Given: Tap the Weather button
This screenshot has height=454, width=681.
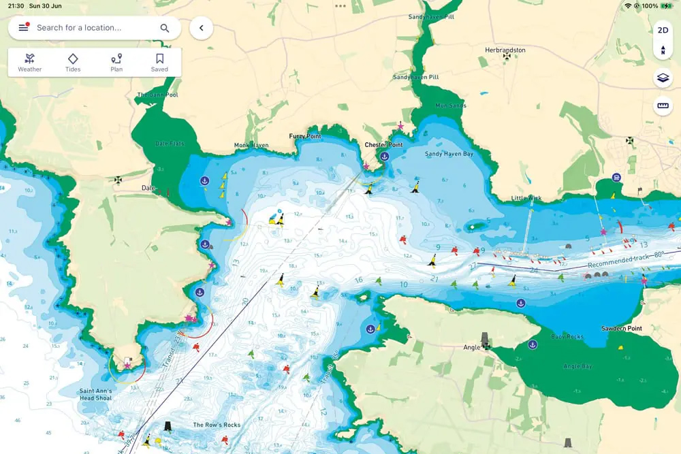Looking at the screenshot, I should pyautogui.click(x=29, y=62).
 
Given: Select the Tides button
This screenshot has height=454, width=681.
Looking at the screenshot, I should pyautogui.click(x=73, y=62).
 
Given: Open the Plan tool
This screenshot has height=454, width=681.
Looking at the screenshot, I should pyautogui.click(x=116, y=62).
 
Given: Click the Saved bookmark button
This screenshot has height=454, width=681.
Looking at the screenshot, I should pyautogui.click(x=159, y=62).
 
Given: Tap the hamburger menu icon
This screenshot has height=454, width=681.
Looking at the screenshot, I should pyautogui.click(x=24, y=28).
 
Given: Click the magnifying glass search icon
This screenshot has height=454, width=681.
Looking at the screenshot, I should pyautogui.click(x=165, y=28).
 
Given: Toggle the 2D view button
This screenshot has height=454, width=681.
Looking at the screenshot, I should pyautogui.click(x=663, y=31).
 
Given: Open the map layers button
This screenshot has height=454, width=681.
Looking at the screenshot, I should pyautogui.click(x=663, y=78).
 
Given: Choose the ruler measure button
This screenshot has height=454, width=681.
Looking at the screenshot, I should pyautogui.click(x=663, y=106).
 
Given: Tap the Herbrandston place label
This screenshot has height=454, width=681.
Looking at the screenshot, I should pyautogui.click(x=506, y=50).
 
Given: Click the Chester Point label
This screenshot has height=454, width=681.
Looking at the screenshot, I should pyautogui.click(x=383, y=145).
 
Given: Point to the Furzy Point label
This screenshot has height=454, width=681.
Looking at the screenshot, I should pyautogui.click(x=304, y=136).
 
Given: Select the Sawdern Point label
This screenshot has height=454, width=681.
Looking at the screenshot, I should pyautogui.click(x=621, y=329).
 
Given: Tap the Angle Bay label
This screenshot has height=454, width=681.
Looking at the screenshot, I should pyautogui.click(x=577, y=366).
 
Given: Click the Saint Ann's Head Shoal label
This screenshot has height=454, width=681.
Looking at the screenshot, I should pyautogui.click(x=95, y=395).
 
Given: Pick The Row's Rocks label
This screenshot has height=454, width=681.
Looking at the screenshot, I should pyautogui.click(x=217, y=425).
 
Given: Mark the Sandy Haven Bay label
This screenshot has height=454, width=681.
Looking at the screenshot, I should pyautogui.click(x=449, y=155).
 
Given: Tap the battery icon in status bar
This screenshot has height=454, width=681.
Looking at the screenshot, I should pyautogui.click(x=666, y=5).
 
